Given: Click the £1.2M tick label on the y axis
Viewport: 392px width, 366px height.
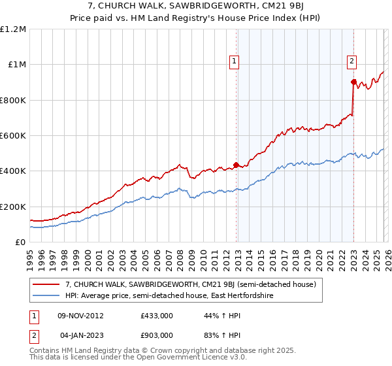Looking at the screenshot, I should [x=13, y=29].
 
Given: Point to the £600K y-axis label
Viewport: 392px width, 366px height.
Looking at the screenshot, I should [x=13, y=136].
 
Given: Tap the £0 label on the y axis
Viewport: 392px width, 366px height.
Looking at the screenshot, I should [x=20, y=242].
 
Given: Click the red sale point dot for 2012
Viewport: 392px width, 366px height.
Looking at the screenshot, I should [x=235, y=165].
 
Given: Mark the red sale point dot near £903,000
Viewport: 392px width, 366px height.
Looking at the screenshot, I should [x=353, y=82].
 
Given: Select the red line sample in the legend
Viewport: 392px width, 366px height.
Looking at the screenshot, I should [x=47, y=284].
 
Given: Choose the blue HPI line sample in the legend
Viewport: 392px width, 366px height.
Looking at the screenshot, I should [x=47, y=296].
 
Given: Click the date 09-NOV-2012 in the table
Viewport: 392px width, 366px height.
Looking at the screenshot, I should [x=81, y=316].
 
